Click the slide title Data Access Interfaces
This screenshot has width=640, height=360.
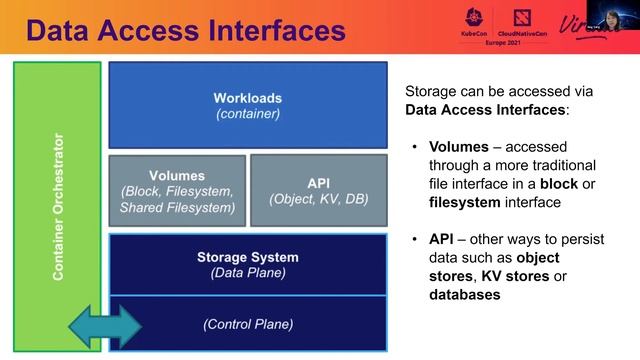(x=186, y=30)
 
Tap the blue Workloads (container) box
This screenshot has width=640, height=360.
(x=247, y=105)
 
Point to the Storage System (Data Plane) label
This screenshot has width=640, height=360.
(x=248, y=264)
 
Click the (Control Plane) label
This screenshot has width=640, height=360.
(x=248, y=324)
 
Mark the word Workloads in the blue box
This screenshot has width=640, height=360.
(x=247, y=98)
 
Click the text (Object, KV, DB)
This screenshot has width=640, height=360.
(x=318, y=199)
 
